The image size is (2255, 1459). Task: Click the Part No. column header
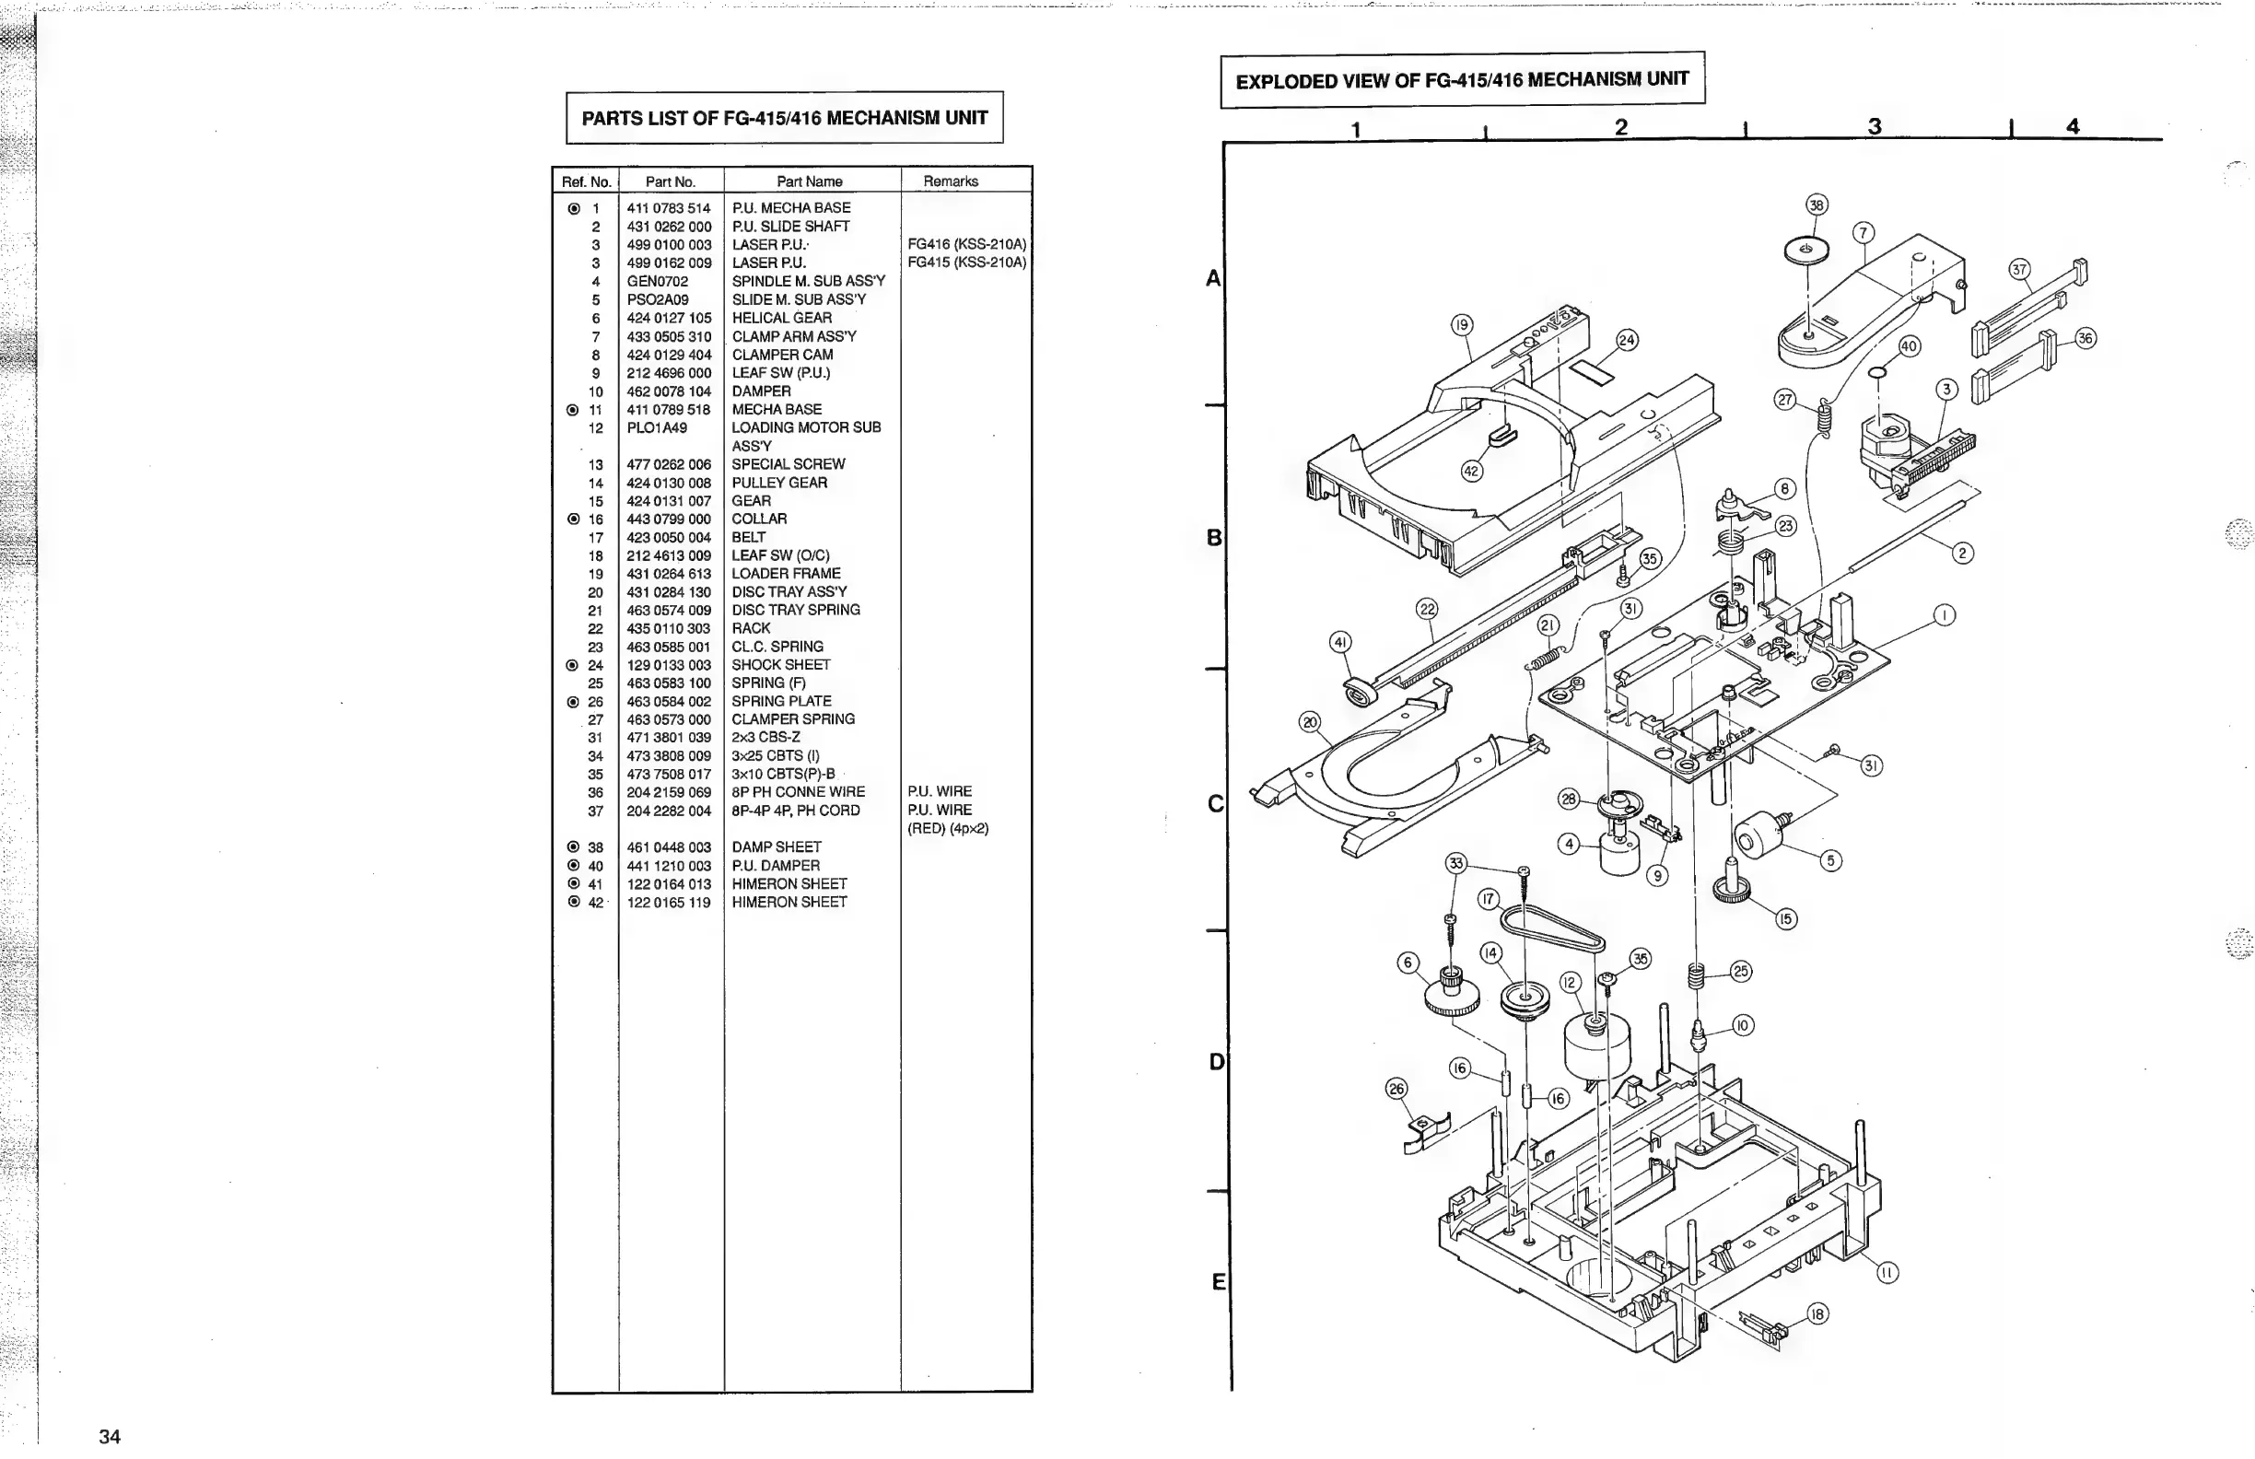pyautogui.click(x=670, y=181)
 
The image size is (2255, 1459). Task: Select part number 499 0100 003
pyautogui.click(x=669, y=244)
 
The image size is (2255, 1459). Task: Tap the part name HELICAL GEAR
pyautogui.click(x=782, y=319)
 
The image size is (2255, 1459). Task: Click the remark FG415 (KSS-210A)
pyautogui.click(x=966, y=263)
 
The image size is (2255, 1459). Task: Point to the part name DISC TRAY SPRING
pyautogui.click(x=796, y=610)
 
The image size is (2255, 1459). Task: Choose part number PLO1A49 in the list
pyautogui.click(x=657, y=428)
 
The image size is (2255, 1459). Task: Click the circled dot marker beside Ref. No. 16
pyautogui.click(x=573, y=519)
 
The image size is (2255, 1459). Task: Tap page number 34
pyautogui.click(x=110, y=1436)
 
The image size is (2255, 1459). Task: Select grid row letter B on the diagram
pyautogui.click(x=1214, y=538)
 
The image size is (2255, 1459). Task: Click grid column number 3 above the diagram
pyautogui.click(x=1875, y=127)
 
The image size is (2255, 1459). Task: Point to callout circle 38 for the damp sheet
pyautogui.click(x=1817, y=204)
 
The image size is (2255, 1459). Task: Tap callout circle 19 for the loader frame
pyautogui.click(x=1462, y=325)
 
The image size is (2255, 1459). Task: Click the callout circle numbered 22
pyautogui.click(x=1427, y=609)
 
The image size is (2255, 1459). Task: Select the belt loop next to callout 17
pyautogui.click(x=1554, y=929)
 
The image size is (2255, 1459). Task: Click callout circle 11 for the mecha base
pyautogui.click(x=1887, y=1273)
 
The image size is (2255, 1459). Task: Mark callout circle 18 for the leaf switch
pyautogui.click(x=1817, y=1314)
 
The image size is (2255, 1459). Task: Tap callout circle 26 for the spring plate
pyautogui.click(x=1396, y=1089)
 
